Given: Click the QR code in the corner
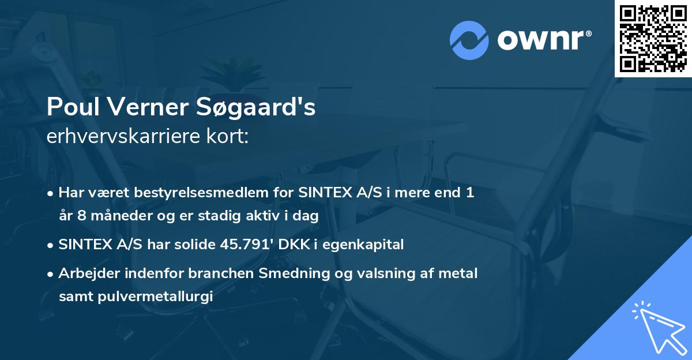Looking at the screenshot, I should (x=653, y=39).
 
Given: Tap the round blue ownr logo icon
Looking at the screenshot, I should (x=469, y=40).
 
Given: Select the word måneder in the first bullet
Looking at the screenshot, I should (x=113, y=216).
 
